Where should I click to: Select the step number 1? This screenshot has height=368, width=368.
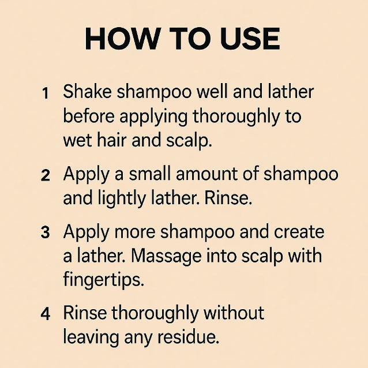pyautogui.click(x=46, y=93)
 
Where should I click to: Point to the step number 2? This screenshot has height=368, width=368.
pyautogui.click(x=46, y=175)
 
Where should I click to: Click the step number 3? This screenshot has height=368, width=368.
pyautogui.click(x=46, y=232)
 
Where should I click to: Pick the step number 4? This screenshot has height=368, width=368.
pyautogui.click(x=46, y=314)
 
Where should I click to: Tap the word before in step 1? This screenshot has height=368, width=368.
pyautogui.click(x=89, y=116)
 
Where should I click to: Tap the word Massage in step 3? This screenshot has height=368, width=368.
pyautogui.click(x=166, y=256)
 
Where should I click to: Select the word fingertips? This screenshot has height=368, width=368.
pyautogui.click(x=103, y=280)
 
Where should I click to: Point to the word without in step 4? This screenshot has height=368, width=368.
pyautogui.click(x=234, y=313)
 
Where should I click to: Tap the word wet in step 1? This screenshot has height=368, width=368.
pyautogui.click(x=77, y=140)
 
